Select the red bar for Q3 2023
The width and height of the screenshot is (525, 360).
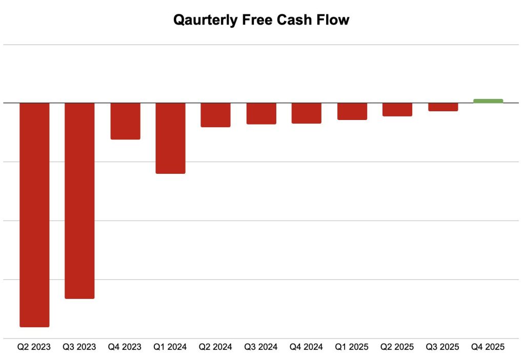pyautogui.click(x=79, y=201)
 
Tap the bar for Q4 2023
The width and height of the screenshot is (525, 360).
pyautogui.click(x=125, y=121)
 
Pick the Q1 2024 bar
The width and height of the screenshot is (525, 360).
pyautogui.click(x=170, y=138)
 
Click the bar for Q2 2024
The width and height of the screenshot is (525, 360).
pyautogui.click(x=215, y=115)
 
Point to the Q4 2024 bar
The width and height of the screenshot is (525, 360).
pyautogui.click(x=306, y=113)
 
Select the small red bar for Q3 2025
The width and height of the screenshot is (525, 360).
pyautogui.click(x=443, y=107)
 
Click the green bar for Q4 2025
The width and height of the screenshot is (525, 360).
pyautogui.click(x=488, y=101)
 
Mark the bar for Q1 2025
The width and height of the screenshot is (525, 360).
pyautogui.click(x=352, y=111)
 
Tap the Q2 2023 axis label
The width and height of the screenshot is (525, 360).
pyautogui.click(x=34, y=347)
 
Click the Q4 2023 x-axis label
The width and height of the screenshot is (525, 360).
pyautogui.click(x=125, y=347)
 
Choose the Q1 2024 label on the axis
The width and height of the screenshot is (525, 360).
pyautogui.click(x=170, y=347)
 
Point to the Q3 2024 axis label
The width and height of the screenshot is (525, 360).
pyautogui.click(x=261, y=347)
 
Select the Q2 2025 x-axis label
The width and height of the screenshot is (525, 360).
pyautogui.click(x=397, y=347)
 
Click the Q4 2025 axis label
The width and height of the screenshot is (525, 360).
pyautogui.click(x=488, y=347)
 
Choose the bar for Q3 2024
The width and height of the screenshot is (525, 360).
pyautogui.click(x=261, y=113)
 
